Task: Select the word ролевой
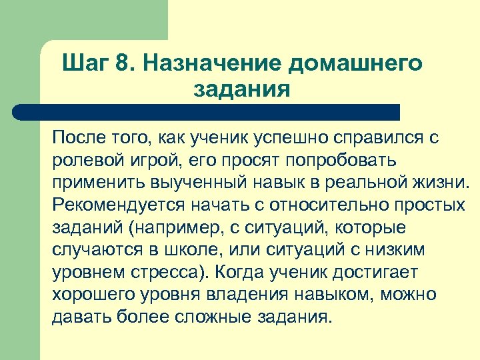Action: tap(81, 160)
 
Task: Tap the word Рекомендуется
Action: tap(109, 204)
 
